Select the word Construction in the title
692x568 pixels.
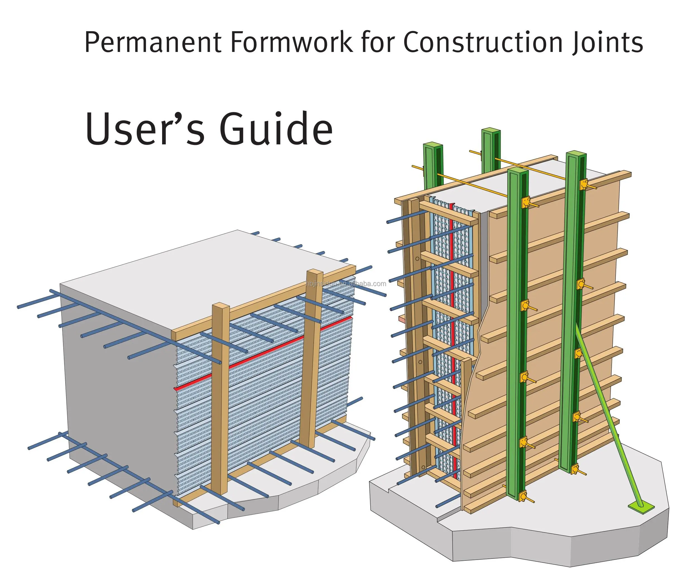[x=482, y=42]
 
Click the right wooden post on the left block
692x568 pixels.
[x=311, y=360]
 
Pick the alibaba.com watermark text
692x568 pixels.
[x=347, y=284]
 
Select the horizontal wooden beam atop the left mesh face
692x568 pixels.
[x=261, y=301]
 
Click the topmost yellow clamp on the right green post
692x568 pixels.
[x=584, y=185]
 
